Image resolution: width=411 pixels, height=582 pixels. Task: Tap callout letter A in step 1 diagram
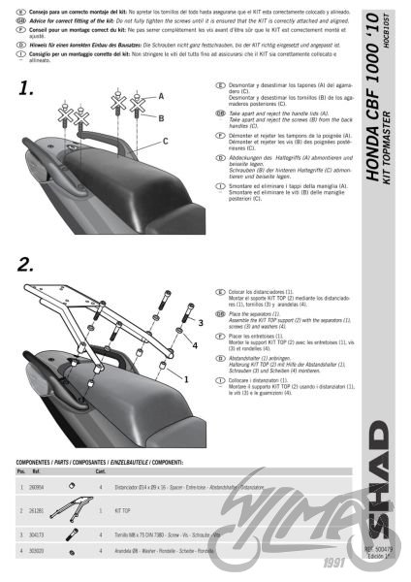161,96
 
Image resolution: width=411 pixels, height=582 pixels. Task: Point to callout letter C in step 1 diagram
165,141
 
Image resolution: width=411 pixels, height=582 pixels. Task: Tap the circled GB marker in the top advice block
9,18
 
